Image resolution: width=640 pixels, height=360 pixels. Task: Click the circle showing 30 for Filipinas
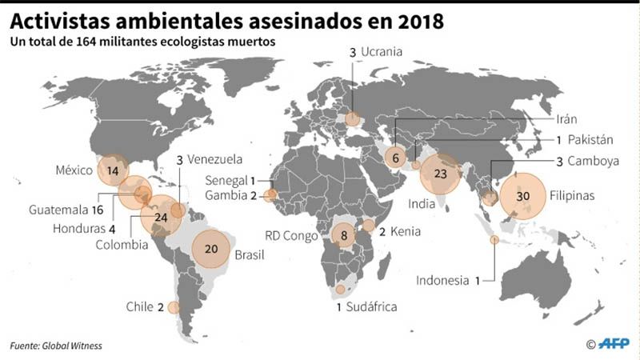click(x=522, y=194)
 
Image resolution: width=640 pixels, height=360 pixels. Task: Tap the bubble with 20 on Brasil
click(x=211, y=248)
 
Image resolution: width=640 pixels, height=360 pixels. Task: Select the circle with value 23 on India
click(x=439, y=174)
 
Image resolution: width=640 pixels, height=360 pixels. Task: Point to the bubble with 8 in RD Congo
click(x=344, y=235)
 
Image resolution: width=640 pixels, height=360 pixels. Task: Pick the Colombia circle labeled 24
click(x=160, y=216)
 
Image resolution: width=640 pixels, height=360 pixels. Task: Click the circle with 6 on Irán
click(x=395, y=158)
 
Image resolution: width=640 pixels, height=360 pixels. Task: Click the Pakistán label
click(x=592, y=139)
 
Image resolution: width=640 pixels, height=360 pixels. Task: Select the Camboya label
click(x=594, y=161)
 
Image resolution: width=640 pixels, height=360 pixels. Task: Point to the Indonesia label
click(x=442, y=280)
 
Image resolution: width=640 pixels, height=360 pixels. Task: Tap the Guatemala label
click(x=59, y=210)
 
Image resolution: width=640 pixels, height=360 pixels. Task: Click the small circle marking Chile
click(x=174, y=307)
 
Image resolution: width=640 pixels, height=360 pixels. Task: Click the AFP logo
click(x=613, y=343)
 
